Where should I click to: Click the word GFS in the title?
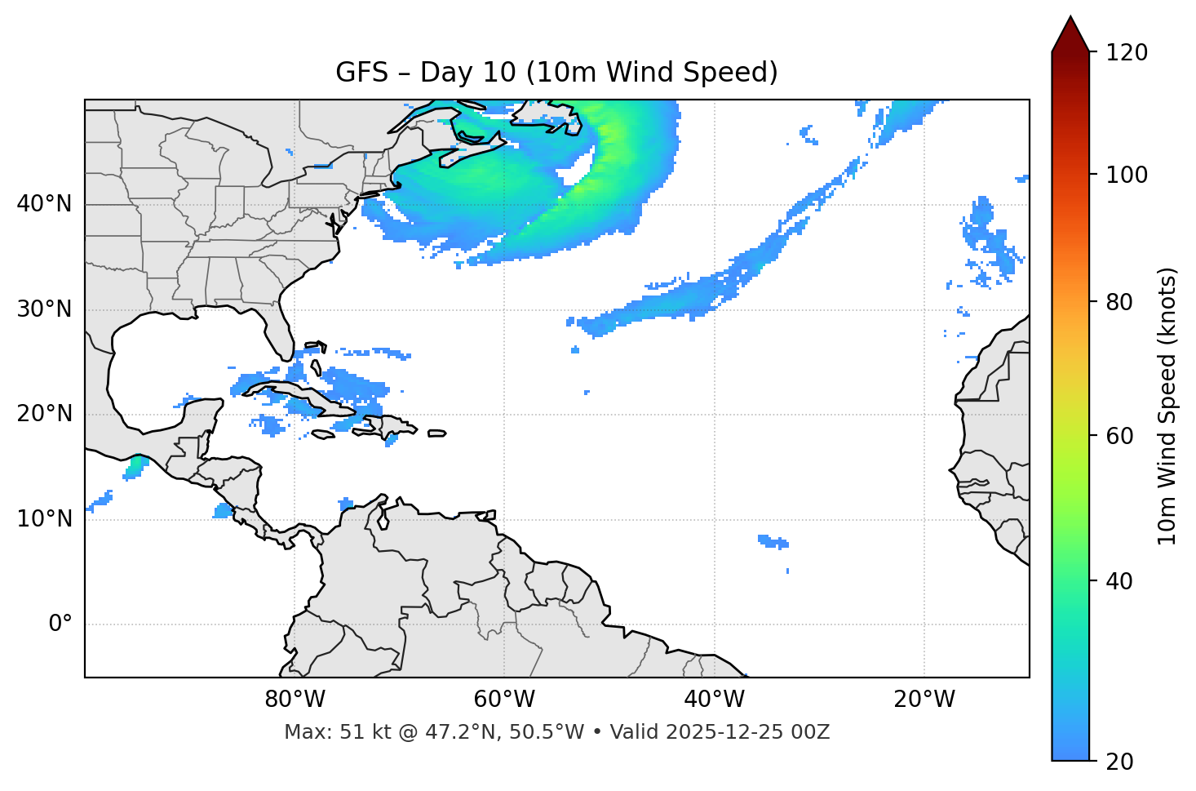tap(361, 73)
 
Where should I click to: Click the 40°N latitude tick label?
tap(44, 204)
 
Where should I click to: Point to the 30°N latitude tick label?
tap(44, 309)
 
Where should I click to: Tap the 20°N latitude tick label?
tap(44, 415)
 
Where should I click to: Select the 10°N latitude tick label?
tap(44, 519)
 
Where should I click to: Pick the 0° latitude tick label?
tap(60, 624)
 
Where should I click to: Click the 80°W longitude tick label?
tap(295, 700)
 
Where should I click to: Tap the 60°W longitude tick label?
tap(504, 700)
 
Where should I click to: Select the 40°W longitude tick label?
tap(714, 700)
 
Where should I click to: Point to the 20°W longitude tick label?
tap(924, 700)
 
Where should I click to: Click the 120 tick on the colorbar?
tap(1127, 53)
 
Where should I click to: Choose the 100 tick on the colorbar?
tap(1127, 175)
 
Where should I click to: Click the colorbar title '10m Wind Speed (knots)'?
tap(1167, 407)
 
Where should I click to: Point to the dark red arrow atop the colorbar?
tap(1070, 35)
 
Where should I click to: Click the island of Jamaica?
tap(323, 434)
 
